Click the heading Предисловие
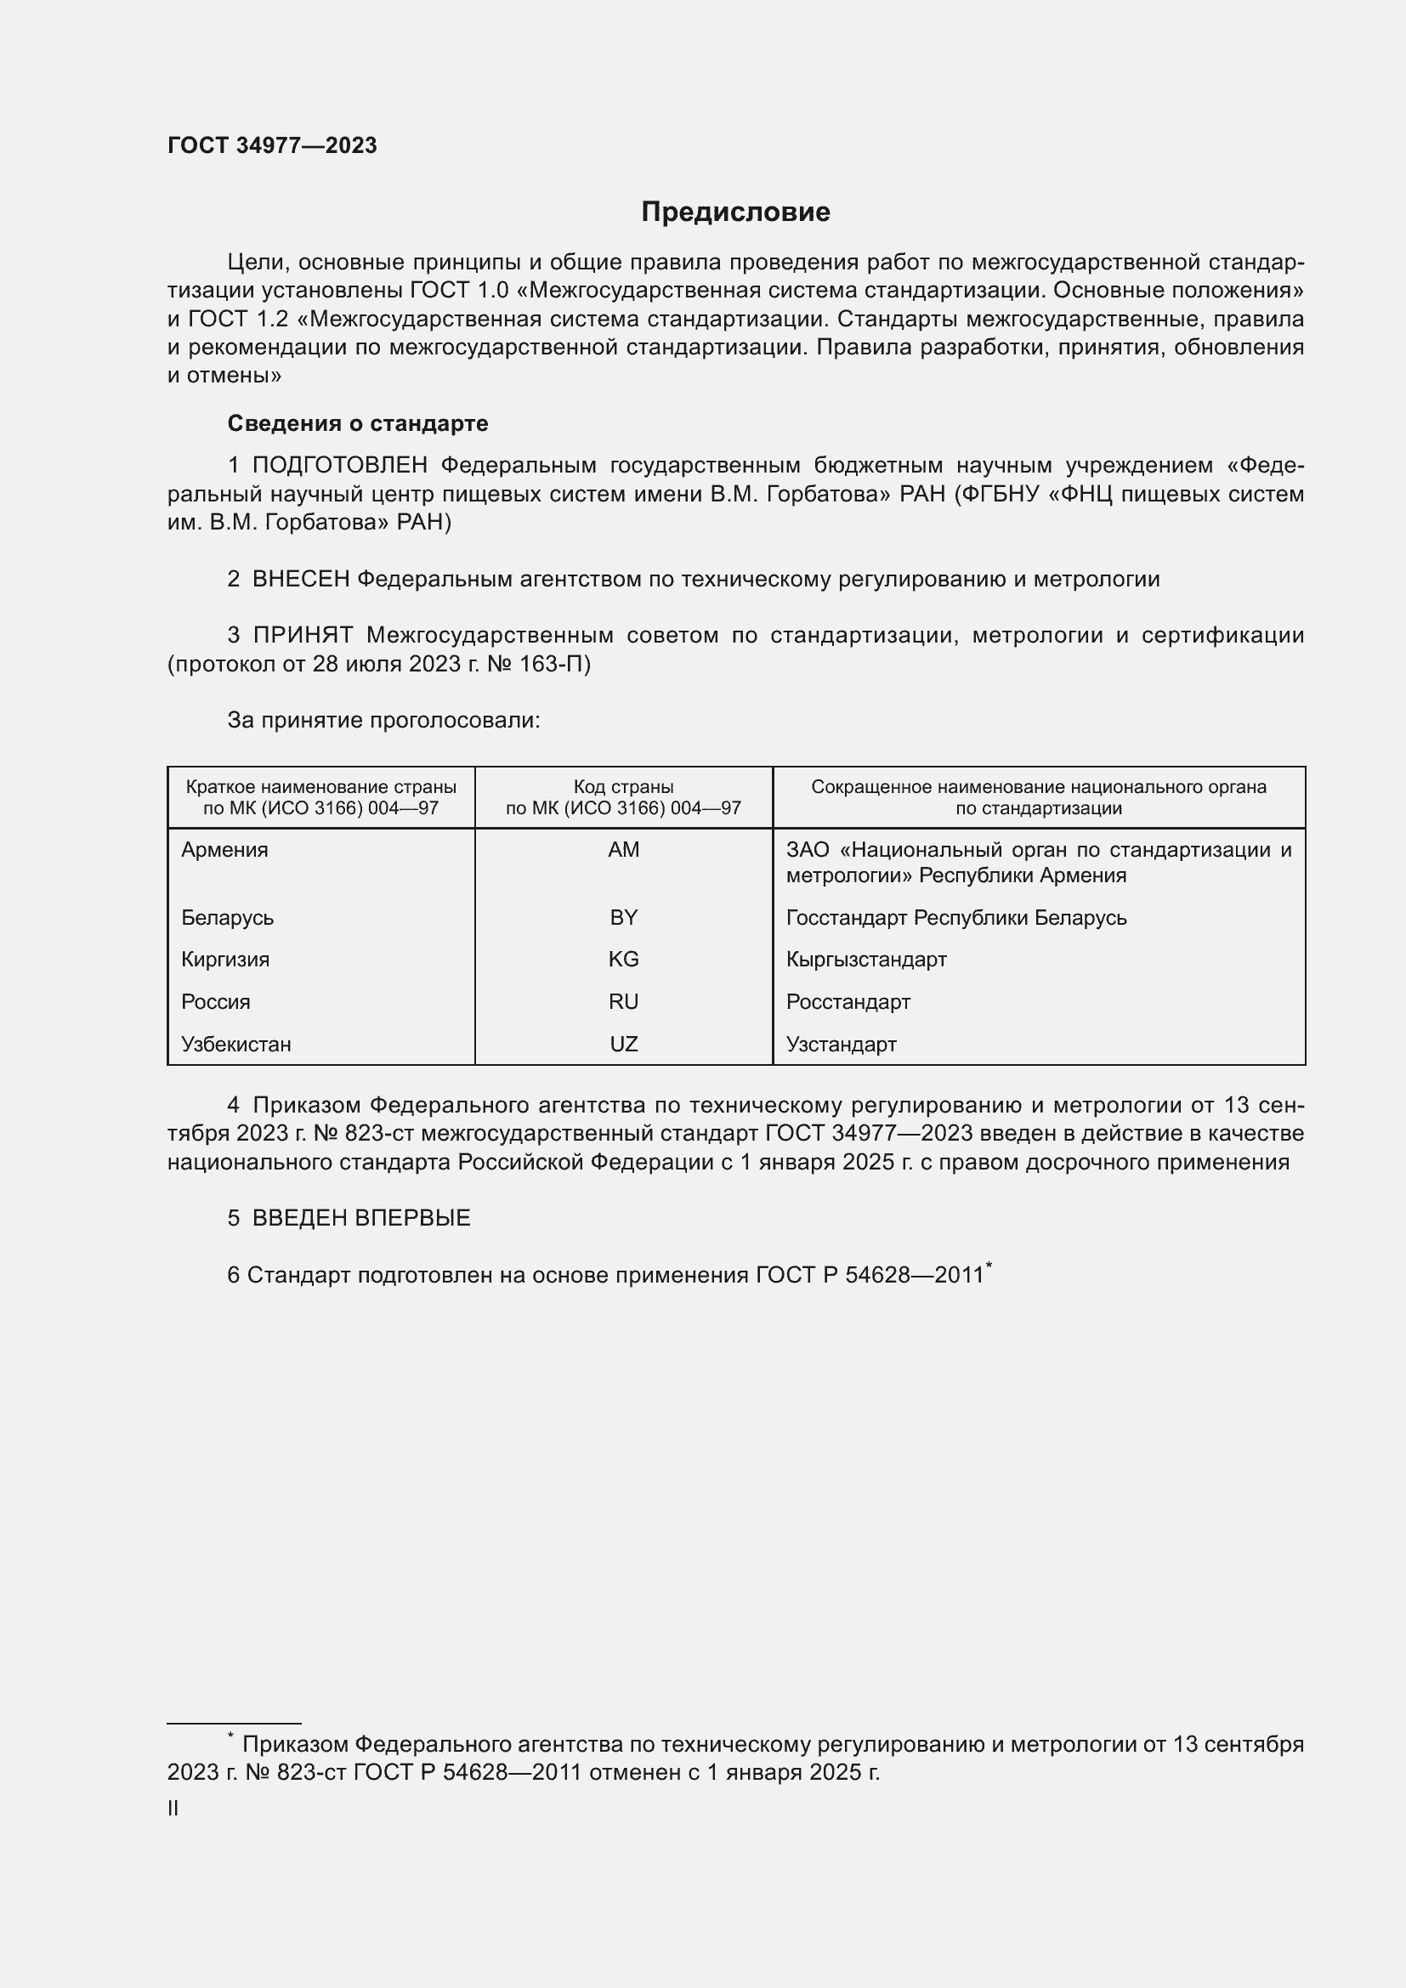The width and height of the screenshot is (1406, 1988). click(x=735, y=212)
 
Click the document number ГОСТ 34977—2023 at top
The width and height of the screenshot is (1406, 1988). click(x=272, y=145)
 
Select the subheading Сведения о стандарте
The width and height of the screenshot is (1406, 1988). click(x=358, y=423)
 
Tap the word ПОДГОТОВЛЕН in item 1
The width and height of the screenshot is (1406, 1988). click(x=339, y=466)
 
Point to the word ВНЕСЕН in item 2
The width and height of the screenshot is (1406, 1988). click(x=300, y=580)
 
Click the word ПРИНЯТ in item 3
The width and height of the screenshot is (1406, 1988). click(x=303, y=636)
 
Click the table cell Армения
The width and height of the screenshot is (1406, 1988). click(x=225, y=850)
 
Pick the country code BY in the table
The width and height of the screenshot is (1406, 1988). click(x=623, y=918)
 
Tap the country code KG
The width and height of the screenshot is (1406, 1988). click(x=623, y=960)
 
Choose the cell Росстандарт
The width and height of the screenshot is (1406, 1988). click(x=848, y=1002)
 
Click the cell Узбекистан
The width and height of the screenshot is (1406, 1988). click(x=235, y=1045)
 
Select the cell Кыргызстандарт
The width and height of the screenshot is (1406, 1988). click(x=865, y=960)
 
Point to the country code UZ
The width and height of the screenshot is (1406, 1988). click(x=623, y=1045)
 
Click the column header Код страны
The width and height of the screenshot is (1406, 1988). click(x=623, y=787)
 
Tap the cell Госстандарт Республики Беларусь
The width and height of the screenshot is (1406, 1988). click(x=955, y=918)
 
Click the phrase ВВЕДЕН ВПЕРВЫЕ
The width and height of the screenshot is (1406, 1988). click(x=361, y=1218)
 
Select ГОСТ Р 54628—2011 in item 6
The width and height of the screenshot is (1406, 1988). click(x=870, y=1276)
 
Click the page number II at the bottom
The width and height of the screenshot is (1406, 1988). click(x=173, y=1809)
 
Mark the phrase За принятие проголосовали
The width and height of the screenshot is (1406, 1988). click(x=383, y=721)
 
